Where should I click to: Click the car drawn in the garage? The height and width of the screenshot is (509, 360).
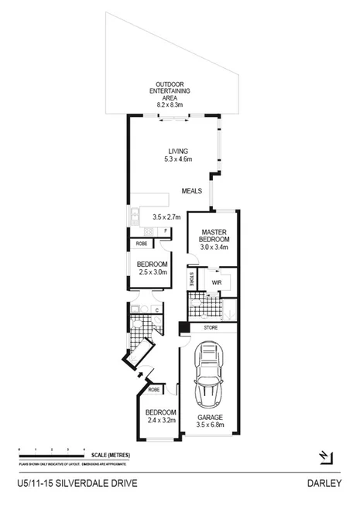210,377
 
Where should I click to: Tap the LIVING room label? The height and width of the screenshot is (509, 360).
178,151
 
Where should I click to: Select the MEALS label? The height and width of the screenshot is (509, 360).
193,190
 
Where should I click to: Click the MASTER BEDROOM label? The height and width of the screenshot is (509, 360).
213,235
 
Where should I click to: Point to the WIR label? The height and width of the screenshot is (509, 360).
216,282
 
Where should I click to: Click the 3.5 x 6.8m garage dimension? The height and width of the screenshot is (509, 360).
209,425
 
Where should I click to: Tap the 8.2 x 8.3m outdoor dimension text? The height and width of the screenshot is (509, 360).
174,104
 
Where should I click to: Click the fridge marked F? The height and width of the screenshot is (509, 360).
165,231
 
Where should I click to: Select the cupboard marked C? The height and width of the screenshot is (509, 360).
156,311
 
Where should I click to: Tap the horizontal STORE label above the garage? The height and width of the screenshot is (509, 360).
211,328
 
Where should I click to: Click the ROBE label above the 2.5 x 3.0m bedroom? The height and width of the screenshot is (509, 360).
142,244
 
